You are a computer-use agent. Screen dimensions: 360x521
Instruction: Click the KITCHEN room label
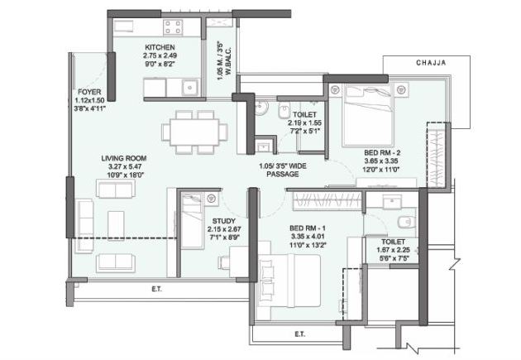(x=158, y=47)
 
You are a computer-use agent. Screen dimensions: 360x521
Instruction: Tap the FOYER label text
(x=89, y=91)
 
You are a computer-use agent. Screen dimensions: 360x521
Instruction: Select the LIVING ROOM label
(x=124, y=157)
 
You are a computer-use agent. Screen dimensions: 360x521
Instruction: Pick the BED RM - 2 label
(x=382, y=152)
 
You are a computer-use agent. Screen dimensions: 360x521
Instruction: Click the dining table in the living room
(x=196, y=131)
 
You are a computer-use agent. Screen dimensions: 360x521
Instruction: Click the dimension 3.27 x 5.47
(x=124, y=166)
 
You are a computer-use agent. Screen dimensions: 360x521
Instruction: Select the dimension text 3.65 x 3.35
(x=382, y=161)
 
